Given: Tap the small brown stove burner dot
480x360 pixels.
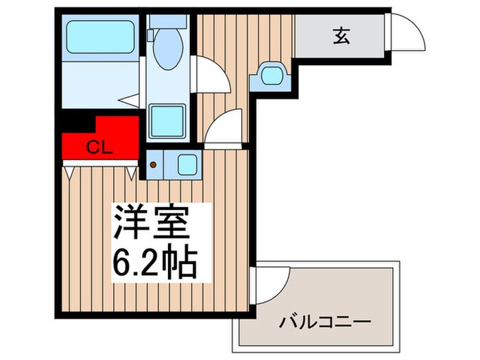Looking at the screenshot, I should pyautogui.click(x=154, y=165).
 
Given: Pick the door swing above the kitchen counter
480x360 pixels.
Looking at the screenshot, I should pyautogui.click(x=225, y=127).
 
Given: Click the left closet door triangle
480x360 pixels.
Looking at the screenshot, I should pyautogui.click(x=70, y=172).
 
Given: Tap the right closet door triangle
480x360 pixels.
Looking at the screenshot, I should pyautogui.click(x=131, y=172).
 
